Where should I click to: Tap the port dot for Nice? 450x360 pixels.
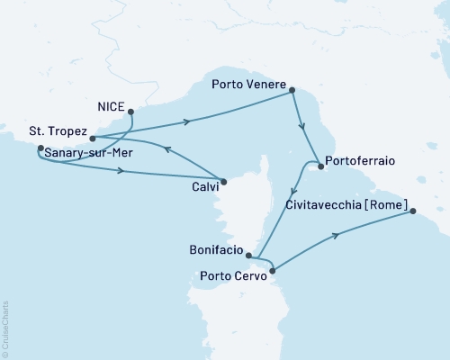coord(131,112)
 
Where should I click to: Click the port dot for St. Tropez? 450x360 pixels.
coord(92,139)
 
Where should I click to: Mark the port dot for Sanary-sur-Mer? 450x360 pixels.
coord(40,148)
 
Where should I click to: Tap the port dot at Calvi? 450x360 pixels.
coord(224,181)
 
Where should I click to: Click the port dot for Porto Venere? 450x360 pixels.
coord(292,87)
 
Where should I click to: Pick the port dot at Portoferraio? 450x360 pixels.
coord(319,165)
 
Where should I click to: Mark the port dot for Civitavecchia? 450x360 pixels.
coord(413,211)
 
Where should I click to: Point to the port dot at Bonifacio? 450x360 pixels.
coord(248,256)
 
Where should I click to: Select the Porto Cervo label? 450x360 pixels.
coord(231,275)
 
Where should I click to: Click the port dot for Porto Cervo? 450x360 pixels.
coord(272,268)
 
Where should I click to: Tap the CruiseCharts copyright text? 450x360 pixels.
coord(6,324)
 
